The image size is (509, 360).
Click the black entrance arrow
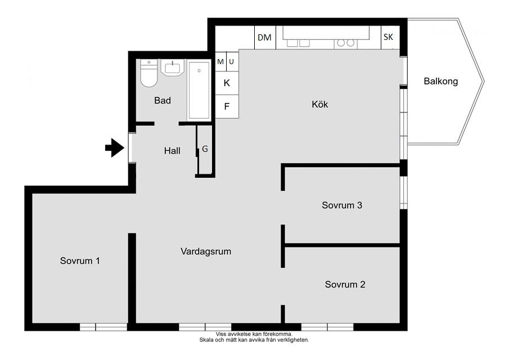pyautogui.click(x=115, y=148)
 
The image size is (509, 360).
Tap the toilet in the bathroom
pyautogui.click(x=148, y=73)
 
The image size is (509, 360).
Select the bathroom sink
pyautogui.click(x=172, y=67)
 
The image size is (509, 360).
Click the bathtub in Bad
pyautogui.click(x=199, y=90)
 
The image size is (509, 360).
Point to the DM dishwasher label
pyautogui.click(x=264, y=38)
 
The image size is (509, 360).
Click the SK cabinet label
pyautogui.click(x=388, y=37)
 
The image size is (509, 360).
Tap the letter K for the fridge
pyautogui.click(x=227, y=83)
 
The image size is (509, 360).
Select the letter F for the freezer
pyautogui.click(x=227, y=106)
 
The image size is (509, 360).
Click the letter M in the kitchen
pyautogui.click(x=220, y=61)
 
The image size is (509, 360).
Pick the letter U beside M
pyautogui.click(x=232, y=61)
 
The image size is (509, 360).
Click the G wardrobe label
pyautogui.click(x=205, y=148)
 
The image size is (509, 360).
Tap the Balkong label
pyautogui.click(x=441, y=81)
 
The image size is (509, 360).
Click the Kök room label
pyautogui.click(x=320, y=104)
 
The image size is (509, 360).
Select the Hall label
pyautogui.click(x=172, y=151)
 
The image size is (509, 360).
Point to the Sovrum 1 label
pyautogui.click(x=80, y=260)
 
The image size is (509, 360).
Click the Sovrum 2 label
pyautogui.click(x=345, y=285)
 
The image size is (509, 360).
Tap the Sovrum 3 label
pyautogui.click(x=342, y=205)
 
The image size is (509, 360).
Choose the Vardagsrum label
pyautogui.click(x=206, y=251)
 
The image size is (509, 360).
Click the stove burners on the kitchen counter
pyautogui.click(x=345, y=43)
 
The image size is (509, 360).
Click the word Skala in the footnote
pyautogui.click(x=206, y=340)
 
